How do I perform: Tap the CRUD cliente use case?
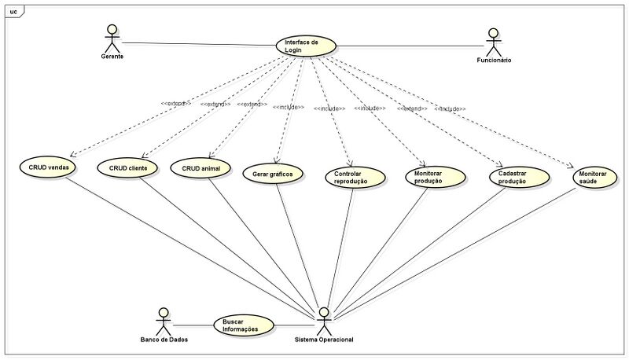click(127, 168)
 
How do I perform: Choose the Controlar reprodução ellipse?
click(355, 177)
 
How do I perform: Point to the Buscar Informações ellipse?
click(244, 325)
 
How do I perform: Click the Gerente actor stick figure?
click(112, 38)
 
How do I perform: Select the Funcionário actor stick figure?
click(493, 41)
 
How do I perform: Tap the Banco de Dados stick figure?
click(164, 320)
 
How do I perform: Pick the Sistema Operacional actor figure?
click(324, 320)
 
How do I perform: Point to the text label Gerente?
click(113, 57)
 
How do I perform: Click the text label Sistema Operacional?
click(324, 340)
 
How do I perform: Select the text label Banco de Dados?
click(164, 340)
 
